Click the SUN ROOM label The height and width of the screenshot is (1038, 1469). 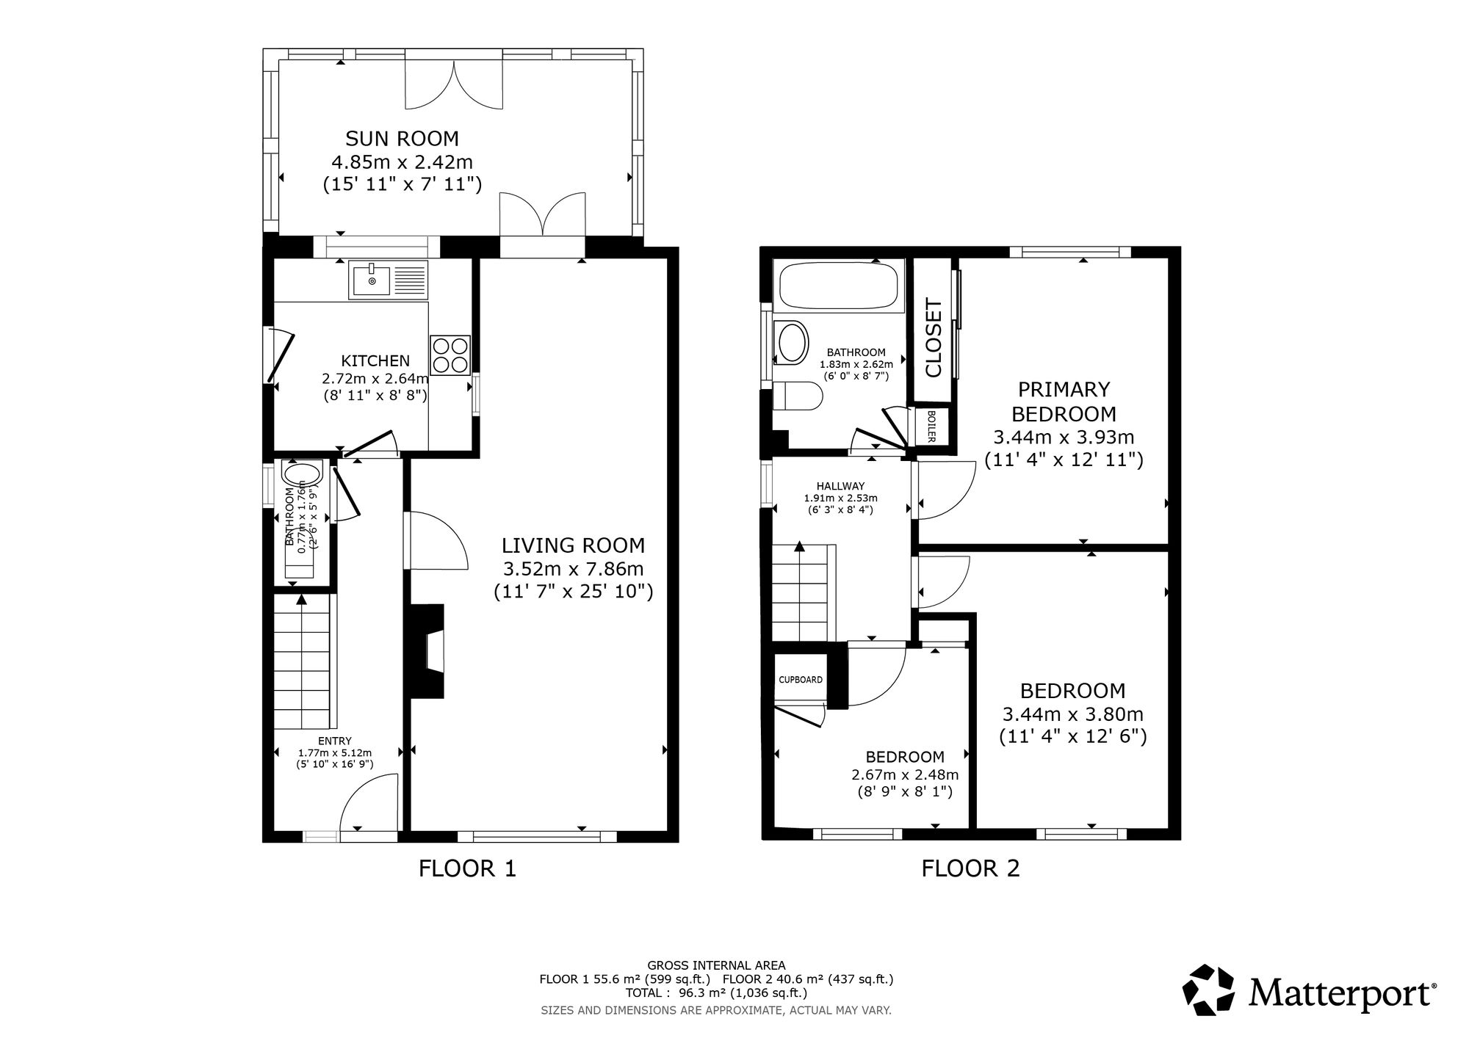pyautogui.click(x=402, y=138)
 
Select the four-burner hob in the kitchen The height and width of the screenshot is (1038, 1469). pyautogui.click(x=450, y=355)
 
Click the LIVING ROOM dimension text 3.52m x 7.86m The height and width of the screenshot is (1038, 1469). pyautogui.click(x=573, y=568)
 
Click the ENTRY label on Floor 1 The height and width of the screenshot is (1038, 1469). pyautogui.click(x=334, y=741)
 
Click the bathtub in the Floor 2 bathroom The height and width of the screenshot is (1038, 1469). pyautogui.click(x=837, y=286)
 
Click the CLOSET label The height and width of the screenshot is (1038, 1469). pyautogui.click(x=933, y=337)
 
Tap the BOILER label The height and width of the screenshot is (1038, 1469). pyautogui.click(x=931, y=426)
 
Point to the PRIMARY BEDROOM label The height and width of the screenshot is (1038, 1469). pyautogui.click(x=1063, y=401)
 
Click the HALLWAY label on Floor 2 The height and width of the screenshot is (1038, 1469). pyautogui.click(x=840, y=486)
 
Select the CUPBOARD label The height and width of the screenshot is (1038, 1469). pyautogui.click(x=801, y=680)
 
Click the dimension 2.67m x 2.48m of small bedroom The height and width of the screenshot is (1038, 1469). pyautogui.click(x=905, y=774)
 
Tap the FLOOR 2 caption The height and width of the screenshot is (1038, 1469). pyautogui.click(x=970, y=868)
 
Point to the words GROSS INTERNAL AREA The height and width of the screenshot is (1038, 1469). pyautogui.click(x=715, y=965)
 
